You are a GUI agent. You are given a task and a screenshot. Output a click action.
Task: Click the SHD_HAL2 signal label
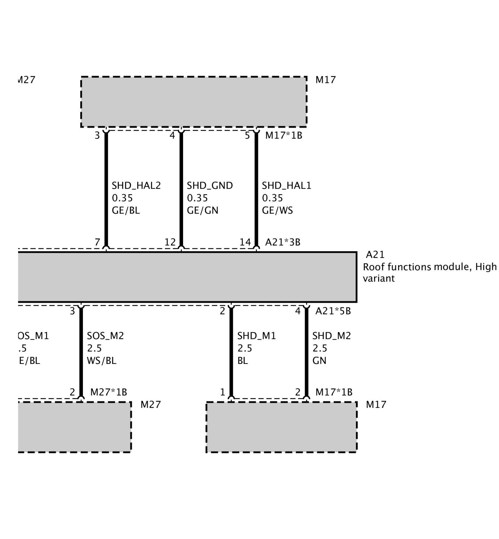tap(136, 186)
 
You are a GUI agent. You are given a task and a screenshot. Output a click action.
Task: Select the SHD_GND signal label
tap(210, 186)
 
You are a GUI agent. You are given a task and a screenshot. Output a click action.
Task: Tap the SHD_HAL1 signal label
tap(286, 186)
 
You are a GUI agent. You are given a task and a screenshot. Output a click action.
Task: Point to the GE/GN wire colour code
tap(202, 211)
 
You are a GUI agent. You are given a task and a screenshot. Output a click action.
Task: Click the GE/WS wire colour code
tap(277, 211)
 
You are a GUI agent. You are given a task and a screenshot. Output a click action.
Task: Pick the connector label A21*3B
tap(283, 242)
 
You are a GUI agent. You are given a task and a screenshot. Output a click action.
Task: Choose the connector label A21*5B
tap(333, 311)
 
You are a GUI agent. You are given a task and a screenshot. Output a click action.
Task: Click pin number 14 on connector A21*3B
tap(245, 242)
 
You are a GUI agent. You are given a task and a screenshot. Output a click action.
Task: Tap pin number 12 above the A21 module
tap(170, 242)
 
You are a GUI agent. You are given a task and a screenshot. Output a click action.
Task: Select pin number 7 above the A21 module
tap(97, 242)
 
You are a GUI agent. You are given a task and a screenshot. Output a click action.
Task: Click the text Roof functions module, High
tap(429, 267)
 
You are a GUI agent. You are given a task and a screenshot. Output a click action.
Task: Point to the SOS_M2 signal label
tap(105, 336)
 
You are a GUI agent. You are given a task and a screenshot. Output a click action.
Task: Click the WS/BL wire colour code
tap(102, 361)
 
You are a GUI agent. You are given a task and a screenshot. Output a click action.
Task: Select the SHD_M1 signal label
tap(256, 336)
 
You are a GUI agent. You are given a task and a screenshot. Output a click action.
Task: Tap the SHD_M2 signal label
tap(332, 336)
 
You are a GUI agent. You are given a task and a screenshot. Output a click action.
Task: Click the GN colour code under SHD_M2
tap(319, 361)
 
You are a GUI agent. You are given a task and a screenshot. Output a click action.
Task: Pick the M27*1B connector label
tap(109, 392)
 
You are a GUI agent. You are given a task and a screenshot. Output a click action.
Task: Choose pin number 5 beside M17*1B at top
tap(247, 136)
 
